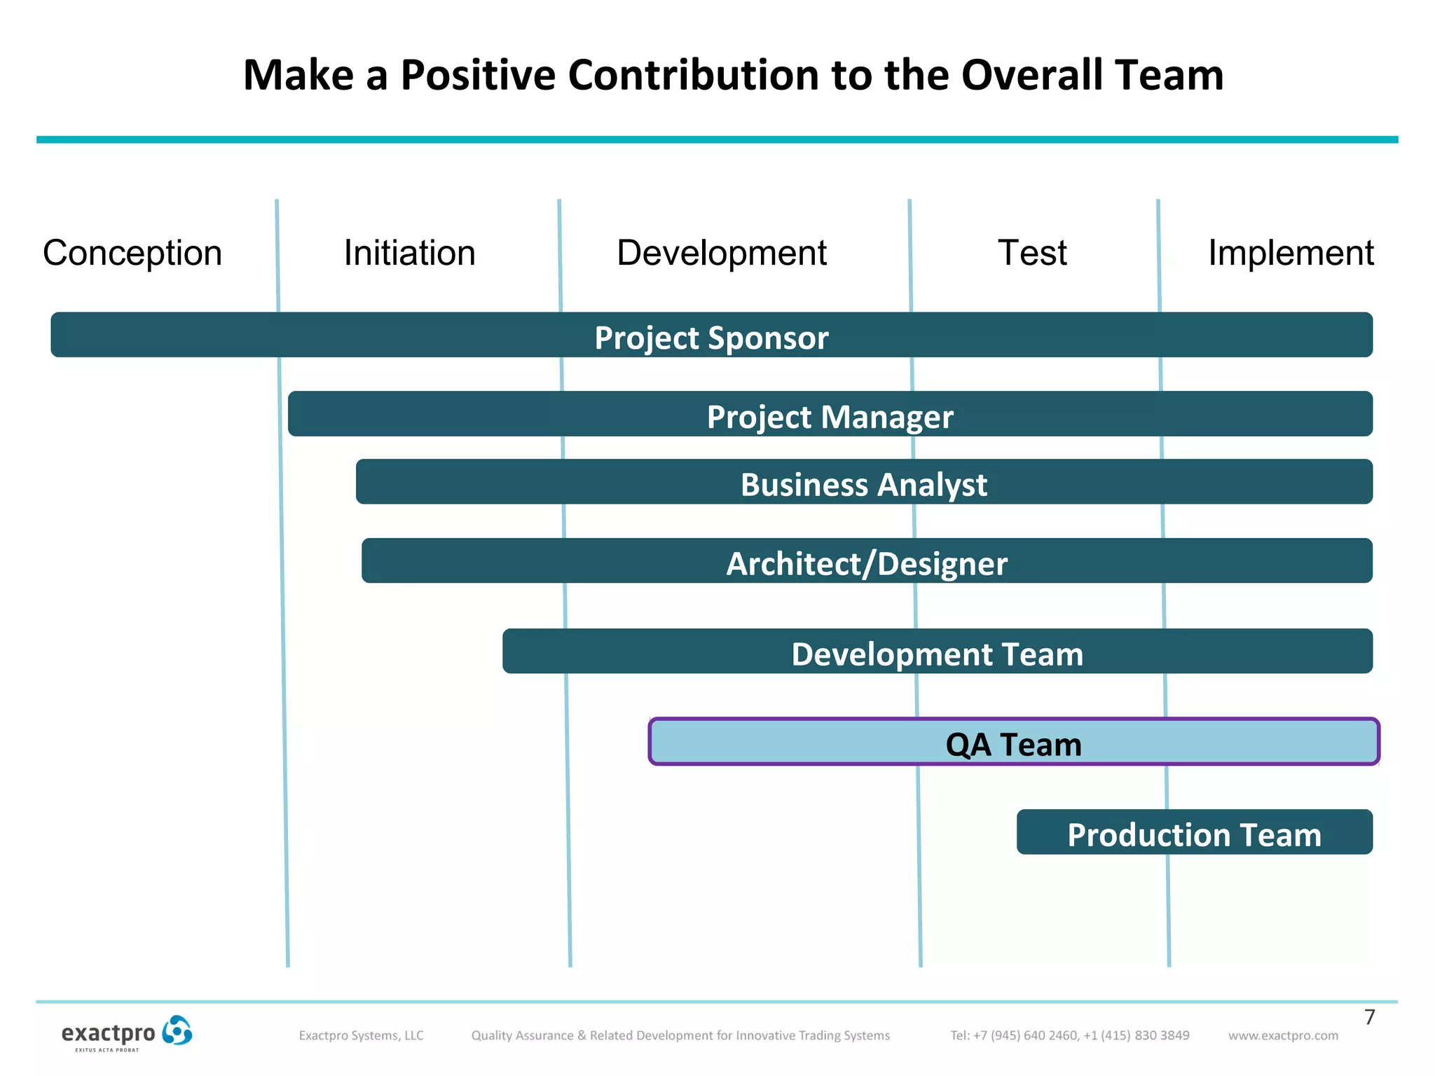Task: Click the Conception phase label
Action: click(x=132, y=253)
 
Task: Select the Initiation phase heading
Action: click(x=409, y=253)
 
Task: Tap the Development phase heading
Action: click(x=721, y=253)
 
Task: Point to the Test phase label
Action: click(x=1031, y=253)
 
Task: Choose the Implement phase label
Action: click(x=1291, y=253)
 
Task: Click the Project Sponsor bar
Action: click(x=711, y=336)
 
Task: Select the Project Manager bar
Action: click(x=830, y=415)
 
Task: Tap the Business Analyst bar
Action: click(x=863, y=482)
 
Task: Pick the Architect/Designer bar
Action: click(x=867, y=561)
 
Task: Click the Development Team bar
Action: click(x=937, y=651)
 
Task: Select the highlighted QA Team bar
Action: click(x=1013, y=742)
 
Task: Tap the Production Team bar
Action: click(x=1194, y=832)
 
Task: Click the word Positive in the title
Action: click(x=477, y=75)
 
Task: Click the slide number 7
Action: click(x=1370, y=1017)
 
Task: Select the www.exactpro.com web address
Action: click(x=1283, y=1035)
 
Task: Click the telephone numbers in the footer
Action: click(x=1069, y=1035)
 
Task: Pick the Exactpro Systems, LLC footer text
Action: click(x=361, y=1035)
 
